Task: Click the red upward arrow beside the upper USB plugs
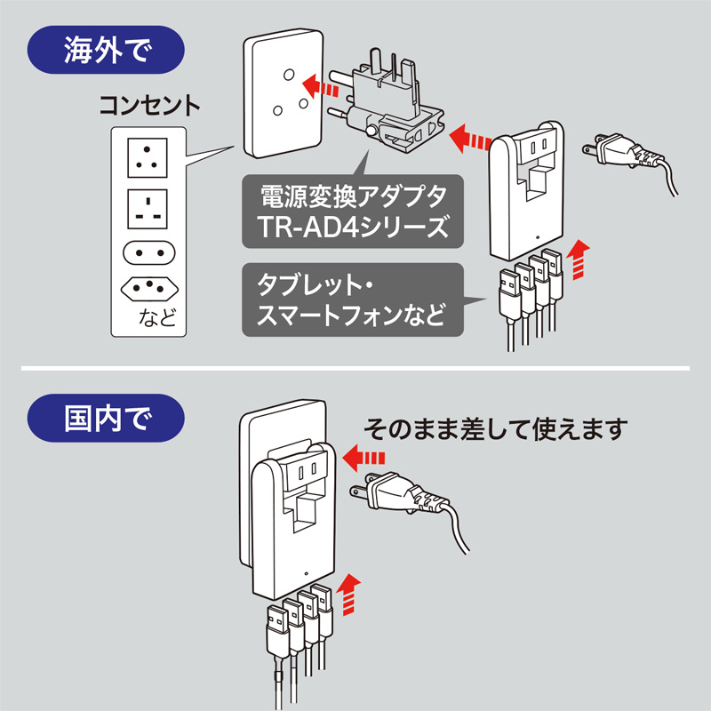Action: point(579,258)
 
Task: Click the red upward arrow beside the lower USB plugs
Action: point(351,593)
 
